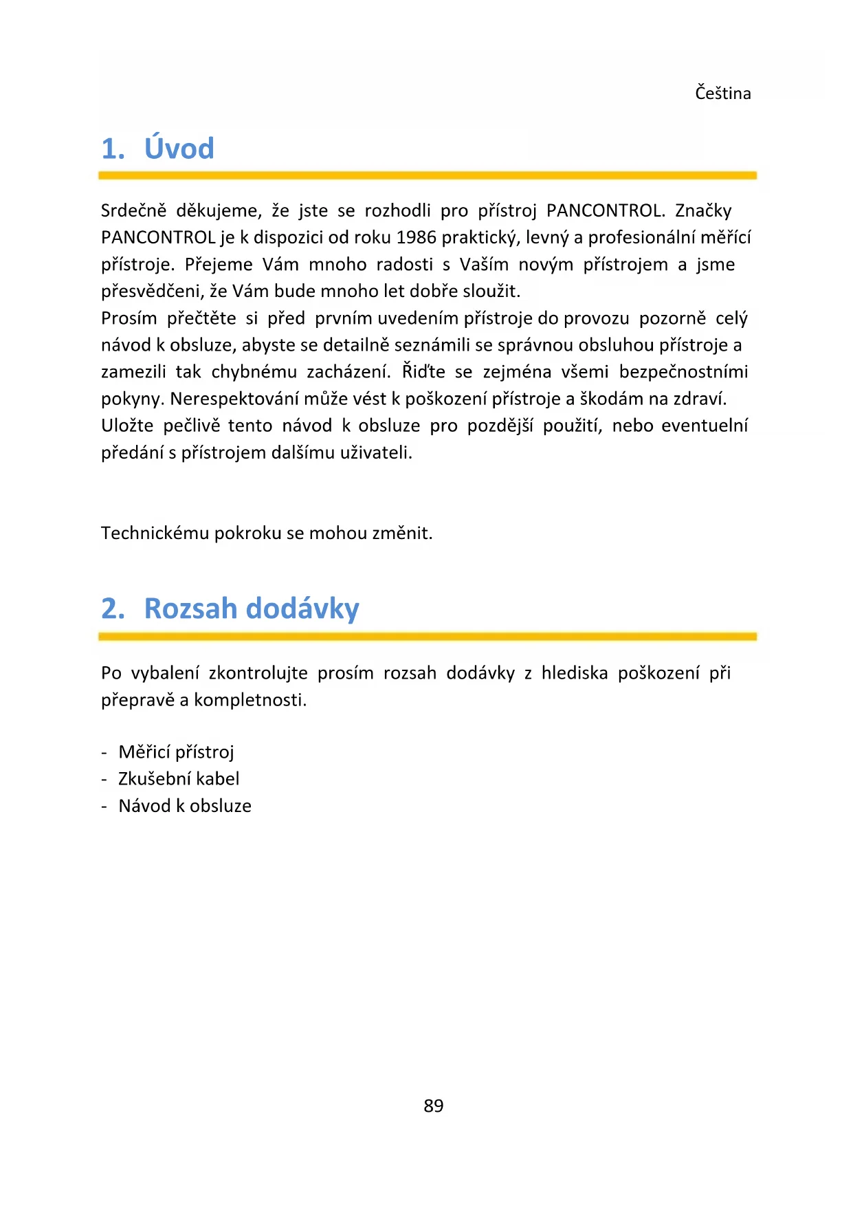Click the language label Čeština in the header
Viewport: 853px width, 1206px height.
(722, 93)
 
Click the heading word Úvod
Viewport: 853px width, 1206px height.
(179, 149)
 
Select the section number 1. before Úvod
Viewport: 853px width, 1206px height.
(113, 149)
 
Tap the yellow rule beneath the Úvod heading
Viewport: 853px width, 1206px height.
(427, 175)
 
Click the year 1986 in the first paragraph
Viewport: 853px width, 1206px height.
(416, 237)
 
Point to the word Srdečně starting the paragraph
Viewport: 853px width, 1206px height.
(133, 210)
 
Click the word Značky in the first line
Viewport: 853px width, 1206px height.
(702, 210)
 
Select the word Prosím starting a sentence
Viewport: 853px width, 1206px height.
(129, 318)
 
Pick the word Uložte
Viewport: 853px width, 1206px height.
(127, 426)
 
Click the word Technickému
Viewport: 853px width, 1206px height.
(155, 534)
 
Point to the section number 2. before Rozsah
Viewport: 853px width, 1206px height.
(113, 609)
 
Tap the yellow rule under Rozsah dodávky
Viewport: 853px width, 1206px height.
(427, 637)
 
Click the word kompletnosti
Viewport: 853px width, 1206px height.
(250, 700)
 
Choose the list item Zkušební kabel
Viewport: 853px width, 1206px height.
(179, 779)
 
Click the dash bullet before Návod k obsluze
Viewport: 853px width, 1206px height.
(104, 807)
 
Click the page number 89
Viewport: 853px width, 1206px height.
(434, 1106)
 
